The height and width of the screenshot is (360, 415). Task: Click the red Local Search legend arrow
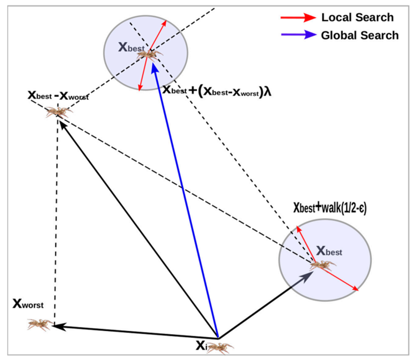pyautogui.click(x=298, y=18)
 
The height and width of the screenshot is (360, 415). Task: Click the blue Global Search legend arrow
pyautogui.click(x=298, y=35)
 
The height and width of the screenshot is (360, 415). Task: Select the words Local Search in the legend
pyautogui.click(x=357, y=18)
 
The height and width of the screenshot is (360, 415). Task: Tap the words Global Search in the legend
pyautogui.click(x=359, y=35)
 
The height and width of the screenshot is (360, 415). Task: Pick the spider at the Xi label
pyautogui.click(x=220, y=347)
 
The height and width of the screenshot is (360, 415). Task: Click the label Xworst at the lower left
pyautogui.click(x=28, y=304)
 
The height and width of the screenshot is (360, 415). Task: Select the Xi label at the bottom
pyautogui.click(x=201, y=345)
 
